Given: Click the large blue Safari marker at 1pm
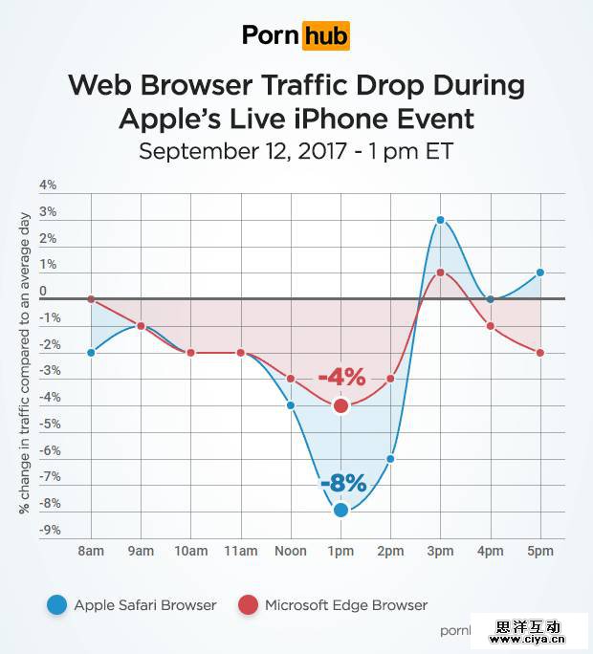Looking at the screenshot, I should pyautogui.click(x=340, y=510).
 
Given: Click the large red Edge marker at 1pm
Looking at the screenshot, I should pyautogui.click(x=340, y=405).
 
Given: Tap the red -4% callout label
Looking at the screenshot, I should pyautogui.click(x=341, y=378).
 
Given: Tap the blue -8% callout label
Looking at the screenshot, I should pyautogui.click(x=342, y=484).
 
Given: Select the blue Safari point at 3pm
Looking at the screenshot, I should pyautogui.click(x=440, y=220).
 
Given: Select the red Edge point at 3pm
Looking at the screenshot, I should pyautogui.click(x=440, y=272).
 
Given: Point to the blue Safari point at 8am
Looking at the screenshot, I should pyautogui.click(x=91, y=352).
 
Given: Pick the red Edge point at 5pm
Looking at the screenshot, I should pyautogui.click(x=540, y=353).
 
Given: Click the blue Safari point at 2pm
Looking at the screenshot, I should pyautogui.click(x=390, y=459).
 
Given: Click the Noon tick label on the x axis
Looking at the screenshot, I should pyautogui.click(x=290, y=551).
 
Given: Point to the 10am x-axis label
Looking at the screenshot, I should pyautogui.click(x=190, y=551).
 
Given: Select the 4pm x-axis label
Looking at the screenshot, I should pyautogui.click(x=491, y=551).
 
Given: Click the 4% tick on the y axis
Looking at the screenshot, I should pyautogui.click(x=48, y=185).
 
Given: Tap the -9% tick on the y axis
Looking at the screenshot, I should pyautogui.click(x=47, y=530).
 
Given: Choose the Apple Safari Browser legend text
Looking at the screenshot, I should pyautogui.click(x=145, y=604).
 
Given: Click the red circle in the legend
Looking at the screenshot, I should pyautogui.click(x=248, y=604).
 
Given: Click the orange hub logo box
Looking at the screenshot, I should pyautogui.click(x=325, y=36).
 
